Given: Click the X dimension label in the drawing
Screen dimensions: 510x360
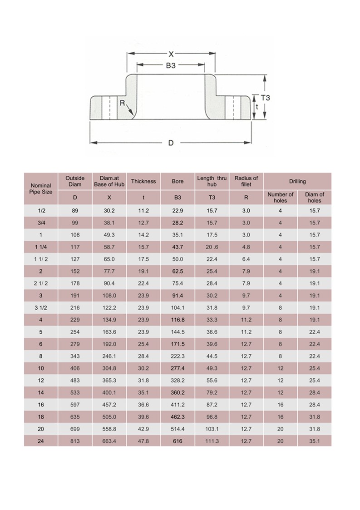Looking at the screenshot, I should coord(171,54).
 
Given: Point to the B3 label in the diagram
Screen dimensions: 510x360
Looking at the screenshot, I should coord(170,65).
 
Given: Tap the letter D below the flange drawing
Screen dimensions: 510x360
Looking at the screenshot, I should coord(171,143).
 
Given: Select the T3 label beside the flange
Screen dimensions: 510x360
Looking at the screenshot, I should coord(266,98).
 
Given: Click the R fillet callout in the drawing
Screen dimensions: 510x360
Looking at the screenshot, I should coord(122,103).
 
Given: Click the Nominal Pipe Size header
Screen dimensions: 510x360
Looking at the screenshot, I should coord(41,188).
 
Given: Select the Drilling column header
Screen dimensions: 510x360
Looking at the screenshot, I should coord(297,181).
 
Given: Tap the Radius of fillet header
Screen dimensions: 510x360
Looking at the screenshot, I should coord(246,181).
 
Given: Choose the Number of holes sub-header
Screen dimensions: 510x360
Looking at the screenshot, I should coord(280,198).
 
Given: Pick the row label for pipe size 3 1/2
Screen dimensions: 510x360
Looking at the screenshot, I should coord(41,307).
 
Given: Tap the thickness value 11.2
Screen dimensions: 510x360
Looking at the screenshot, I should coord(143,211).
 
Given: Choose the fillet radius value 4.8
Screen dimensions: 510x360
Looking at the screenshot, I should coord(246,247).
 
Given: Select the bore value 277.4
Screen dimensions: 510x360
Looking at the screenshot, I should coord(178,368).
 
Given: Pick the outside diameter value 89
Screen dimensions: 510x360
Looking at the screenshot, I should coord(75,211).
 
